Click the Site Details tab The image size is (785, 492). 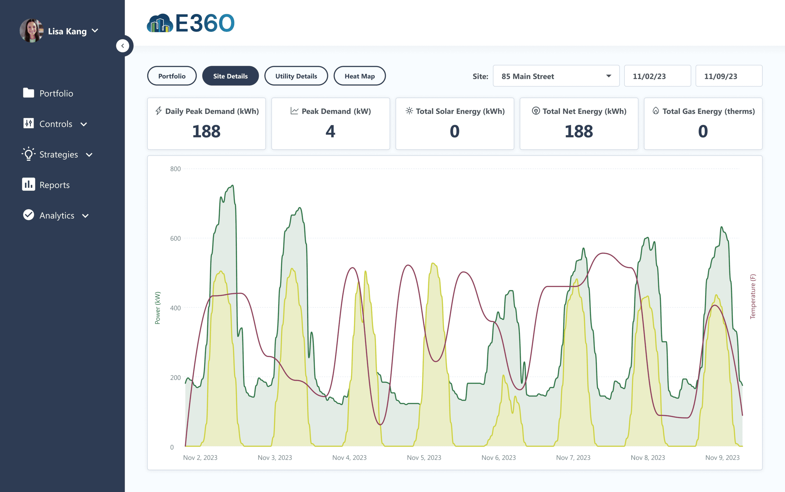click(x=230, y=76)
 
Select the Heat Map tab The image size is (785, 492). click(x=359, y=76)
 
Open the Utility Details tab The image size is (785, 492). click(x=296, y=76)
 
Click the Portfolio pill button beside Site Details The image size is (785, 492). click(x=172, y=76)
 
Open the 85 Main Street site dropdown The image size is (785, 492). click(x=556, y=76)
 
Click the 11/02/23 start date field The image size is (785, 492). click(x=657, y=76)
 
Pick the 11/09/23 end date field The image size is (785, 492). click(x=728, y=76)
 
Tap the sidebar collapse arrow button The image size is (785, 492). click(x=123, y=46)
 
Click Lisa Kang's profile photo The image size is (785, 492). click(x=32, y=31)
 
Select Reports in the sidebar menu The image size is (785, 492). click(x=54, y=185)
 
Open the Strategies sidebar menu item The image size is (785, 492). click(x=59, y=155)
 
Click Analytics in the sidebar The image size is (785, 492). click(x=57, y=215)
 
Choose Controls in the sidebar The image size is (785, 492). click(x=56, y=124)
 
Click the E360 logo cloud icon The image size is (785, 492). click(x=160, y=23)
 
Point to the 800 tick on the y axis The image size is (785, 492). click(x=175, y=169)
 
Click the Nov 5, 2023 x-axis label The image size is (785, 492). click(x=424, y=458)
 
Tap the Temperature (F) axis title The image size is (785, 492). click(x=753, y=296)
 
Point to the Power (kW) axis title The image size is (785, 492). click(x=158, y=308)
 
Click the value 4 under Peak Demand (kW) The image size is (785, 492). click(x=330, y=132)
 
